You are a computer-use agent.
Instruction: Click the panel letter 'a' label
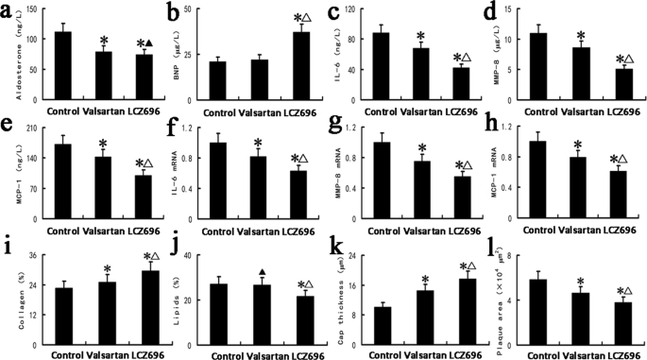click(9, 13)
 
